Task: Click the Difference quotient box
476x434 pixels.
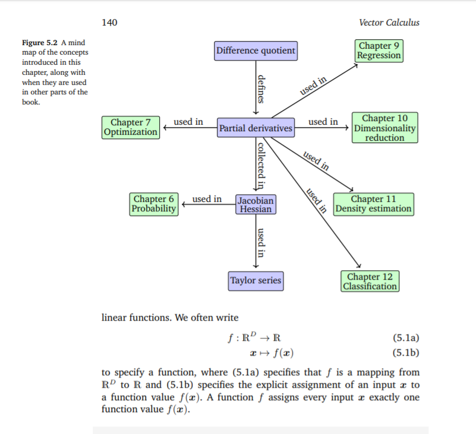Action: coord(256,50)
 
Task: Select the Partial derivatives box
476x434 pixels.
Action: coord(256,128)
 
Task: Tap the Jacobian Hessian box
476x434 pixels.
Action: coord(256,204)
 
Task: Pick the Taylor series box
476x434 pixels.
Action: coord(256,281)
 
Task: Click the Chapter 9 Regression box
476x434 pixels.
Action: coord(379,50)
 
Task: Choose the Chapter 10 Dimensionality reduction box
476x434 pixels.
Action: coord(384,128)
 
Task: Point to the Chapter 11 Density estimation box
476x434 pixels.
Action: coord(373,204)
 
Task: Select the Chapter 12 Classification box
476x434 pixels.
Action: coord(370,281)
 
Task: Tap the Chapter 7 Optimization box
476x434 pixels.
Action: coord(131,128)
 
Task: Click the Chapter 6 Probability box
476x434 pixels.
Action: coord(153,204)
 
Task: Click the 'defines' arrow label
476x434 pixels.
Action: coord(261,89)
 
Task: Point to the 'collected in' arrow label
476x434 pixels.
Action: coord(261,166)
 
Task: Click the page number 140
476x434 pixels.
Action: coord(109,23)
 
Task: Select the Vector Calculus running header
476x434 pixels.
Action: coord(389,23)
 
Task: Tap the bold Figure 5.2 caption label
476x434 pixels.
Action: coord(39,43)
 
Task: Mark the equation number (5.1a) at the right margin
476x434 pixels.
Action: coord(406,338)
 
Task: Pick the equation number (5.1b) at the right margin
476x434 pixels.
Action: coord(406,353)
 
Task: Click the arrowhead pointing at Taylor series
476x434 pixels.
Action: coord(256,267)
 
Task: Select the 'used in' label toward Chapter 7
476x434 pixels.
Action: coord(188,122)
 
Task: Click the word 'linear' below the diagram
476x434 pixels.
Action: coord(114,318)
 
